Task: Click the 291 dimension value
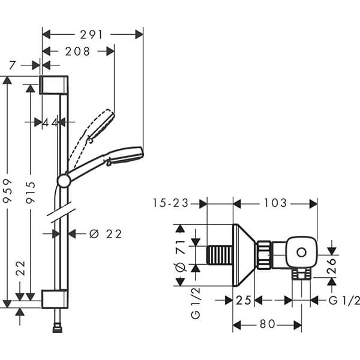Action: point(91,35)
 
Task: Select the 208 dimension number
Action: point(77,52)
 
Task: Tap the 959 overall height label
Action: point(8,191)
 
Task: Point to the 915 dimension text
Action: point(31,193)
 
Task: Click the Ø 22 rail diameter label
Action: point(106,234)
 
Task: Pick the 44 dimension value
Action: point(50,123)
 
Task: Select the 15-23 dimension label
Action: point(170,203)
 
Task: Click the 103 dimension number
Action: point(275,203)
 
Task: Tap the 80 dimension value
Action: point(268,324)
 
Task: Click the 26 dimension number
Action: point(331,266)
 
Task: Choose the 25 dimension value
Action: point(244,300)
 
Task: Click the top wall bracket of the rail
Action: point(54,85)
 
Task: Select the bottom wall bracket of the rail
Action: point(55,299)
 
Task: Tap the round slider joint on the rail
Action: point(64,181)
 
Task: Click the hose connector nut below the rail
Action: point(58,328)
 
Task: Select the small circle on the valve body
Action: point(301,253)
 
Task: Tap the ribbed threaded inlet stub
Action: point(220,255)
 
